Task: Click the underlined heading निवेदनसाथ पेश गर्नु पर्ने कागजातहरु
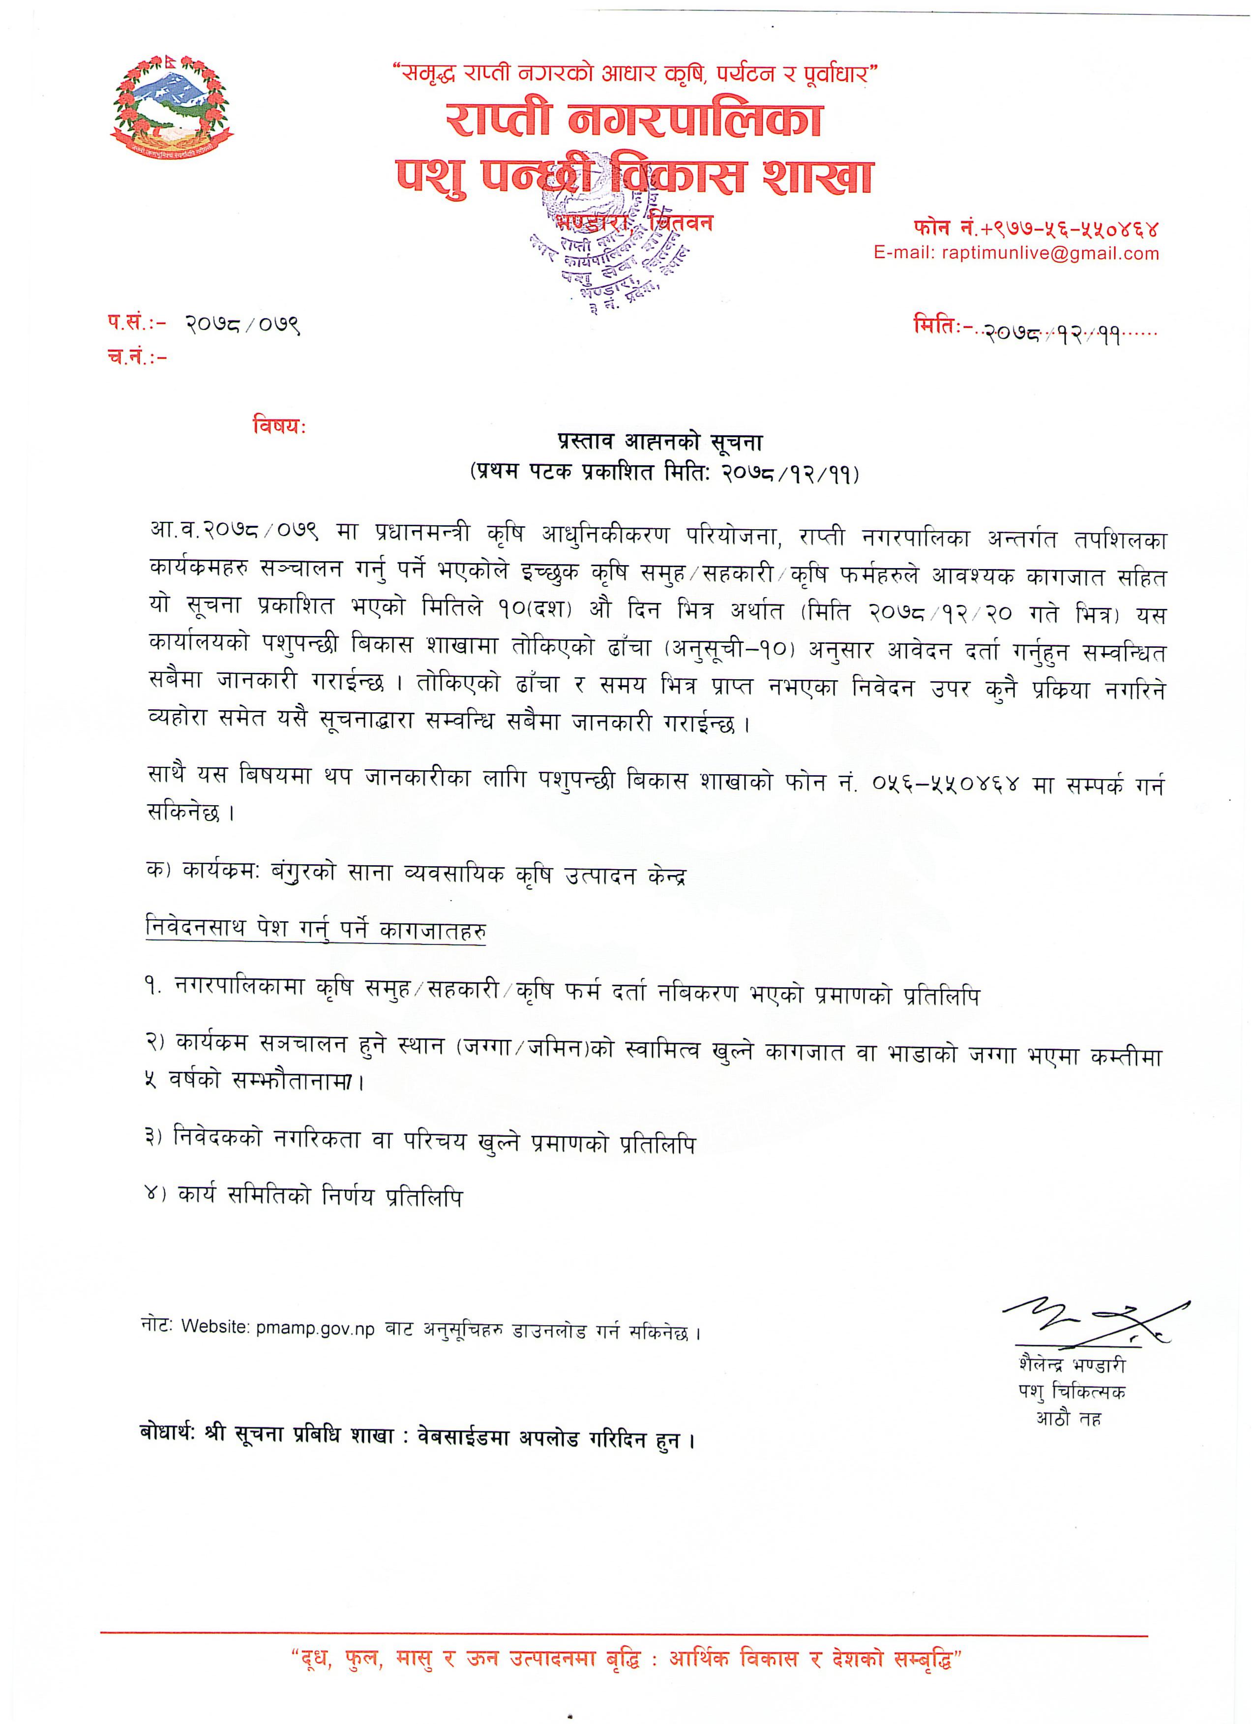point(315,931)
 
